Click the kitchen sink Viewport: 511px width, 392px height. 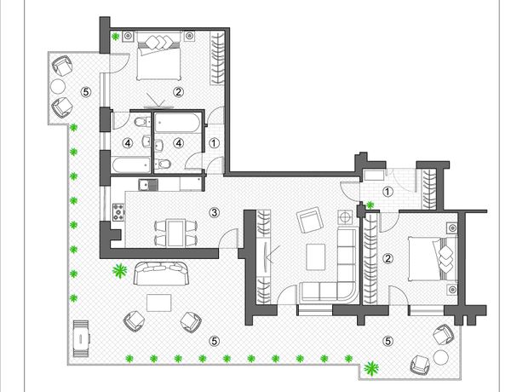(148, 185)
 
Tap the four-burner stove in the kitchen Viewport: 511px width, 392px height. (118, 211)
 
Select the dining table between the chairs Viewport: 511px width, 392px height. (175, 233)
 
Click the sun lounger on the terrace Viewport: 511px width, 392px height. (81, 338)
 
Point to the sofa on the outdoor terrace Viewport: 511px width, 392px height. (161, 274)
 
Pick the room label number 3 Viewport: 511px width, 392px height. (214, 213)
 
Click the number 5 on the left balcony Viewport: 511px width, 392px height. (86, 92)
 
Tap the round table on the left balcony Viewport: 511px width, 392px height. (58, 86)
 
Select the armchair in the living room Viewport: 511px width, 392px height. (309, 220)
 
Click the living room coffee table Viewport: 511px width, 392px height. (315, 257)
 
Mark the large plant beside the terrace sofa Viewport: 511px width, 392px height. (119, 271)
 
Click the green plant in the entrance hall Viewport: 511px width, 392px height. (370, 205)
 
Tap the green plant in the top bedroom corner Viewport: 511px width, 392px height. (115, 37)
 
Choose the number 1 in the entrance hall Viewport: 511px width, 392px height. (388, 192)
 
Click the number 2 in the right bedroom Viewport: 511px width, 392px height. (388, 258)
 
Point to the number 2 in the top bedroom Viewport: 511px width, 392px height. (178, 92)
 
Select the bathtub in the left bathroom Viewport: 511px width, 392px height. (131, 165)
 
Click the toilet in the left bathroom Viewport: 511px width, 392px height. (142, 122)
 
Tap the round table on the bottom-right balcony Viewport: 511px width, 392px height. (441, 357)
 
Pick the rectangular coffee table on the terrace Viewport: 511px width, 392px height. (159, 303)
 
